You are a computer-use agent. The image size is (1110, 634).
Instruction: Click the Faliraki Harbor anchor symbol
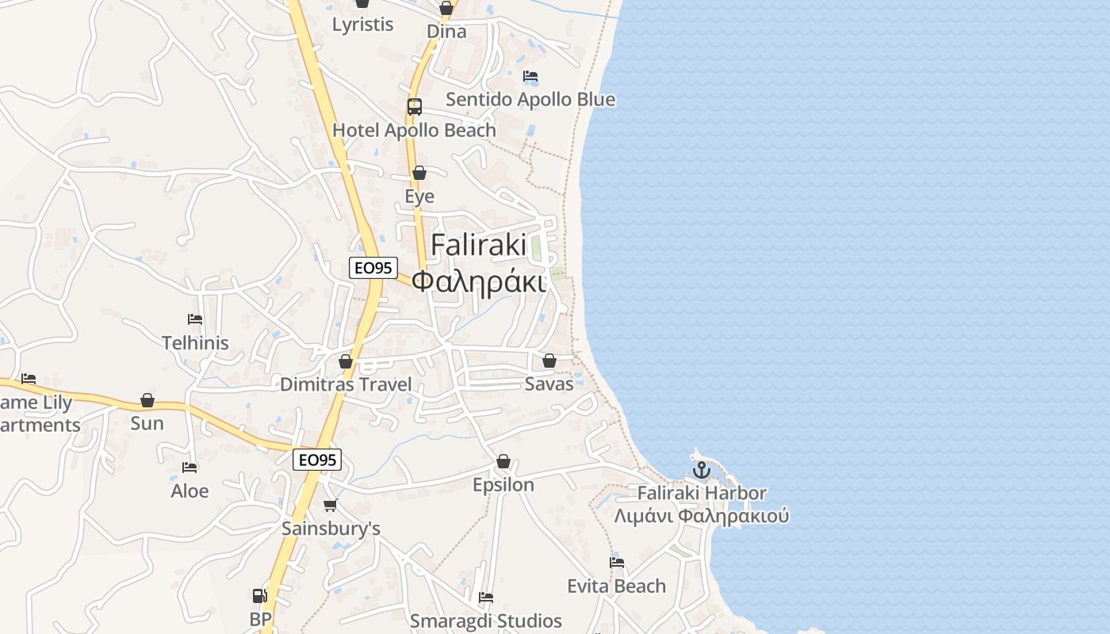pos(701,470)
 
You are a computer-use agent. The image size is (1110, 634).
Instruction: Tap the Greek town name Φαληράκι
pos(479,281)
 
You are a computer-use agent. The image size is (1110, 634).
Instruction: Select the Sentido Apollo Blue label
pos(530,100)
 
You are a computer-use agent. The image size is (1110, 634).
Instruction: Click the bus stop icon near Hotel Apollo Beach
pos(414,107)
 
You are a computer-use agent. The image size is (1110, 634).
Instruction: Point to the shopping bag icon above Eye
pos(419,173)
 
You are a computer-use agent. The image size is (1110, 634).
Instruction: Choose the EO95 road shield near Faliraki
pos(373,268)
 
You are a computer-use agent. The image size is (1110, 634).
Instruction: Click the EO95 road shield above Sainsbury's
pos(316,460)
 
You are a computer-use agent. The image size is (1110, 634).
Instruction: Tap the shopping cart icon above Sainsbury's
pos(331,505)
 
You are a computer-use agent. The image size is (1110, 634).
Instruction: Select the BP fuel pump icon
pos(258,596)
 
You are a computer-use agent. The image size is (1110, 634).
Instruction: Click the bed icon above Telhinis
pos(195,319)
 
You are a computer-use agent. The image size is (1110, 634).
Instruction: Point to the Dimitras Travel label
pos(346,385)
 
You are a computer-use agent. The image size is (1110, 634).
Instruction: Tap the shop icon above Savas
pos(549,361)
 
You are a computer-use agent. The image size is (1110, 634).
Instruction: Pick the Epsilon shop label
pos(503,485)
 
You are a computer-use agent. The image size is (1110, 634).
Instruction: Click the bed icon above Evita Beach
pos(617,563)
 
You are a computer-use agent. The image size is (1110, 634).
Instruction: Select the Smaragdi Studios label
pos(485,621)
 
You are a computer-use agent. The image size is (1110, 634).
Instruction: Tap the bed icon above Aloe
pos(189,468)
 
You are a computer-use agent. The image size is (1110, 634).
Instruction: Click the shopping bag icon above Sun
pos(147,400)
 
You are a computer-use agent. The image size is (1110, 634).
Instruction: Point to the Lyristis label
pos(362,25)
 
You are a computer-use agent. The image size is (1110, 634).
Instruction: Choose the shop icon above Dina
pos(446,9)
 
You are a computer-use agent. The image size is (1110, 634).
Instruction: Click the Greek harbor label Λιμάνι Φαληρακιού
pos(702,517)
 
